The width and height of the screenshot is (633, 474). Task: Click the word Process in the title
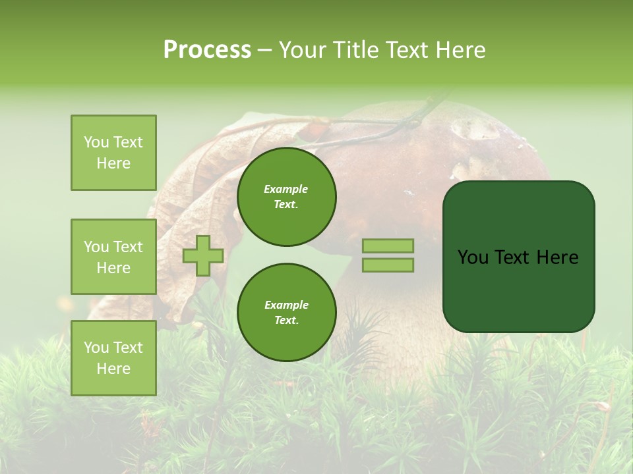tap(207, 50)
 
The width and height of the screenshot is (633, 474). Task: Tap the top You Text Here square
tap(113, 153)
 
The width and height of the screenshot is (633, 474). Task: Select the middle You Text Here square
tap(113, 257)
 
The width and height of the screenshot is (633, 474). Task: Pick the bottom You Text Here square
tap(113, 358)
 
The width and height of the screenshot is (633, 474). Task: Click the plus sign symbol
tap(203, 255)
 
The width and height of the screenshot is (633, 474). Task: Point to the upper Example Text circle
tap(286, 197)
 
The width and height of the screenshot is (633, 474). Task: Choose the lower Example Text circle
tap(286, 313)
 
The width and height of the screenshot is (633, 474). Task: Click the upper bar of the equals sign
tap(388, 246)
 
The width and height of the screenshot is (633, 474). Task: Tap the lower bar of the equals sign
tap(388, 265)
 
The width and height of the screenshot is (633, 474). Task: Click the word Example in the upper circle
tap(286, 189)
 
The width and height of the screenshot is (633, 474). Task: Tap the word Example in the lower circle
tap(286, 305)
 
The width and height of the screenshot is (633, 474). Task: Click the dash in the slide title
tap(264, 51)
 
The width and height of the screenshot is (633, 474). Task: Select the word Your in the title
tap(302, 50)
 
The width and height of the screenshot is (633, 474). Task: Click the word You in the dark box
tap(473, 257)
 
